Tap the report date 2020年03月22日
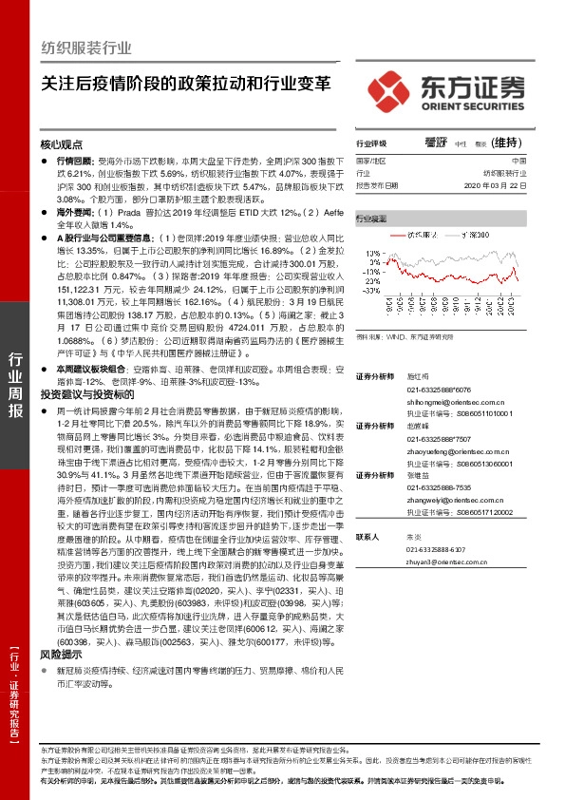(512, 186)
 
